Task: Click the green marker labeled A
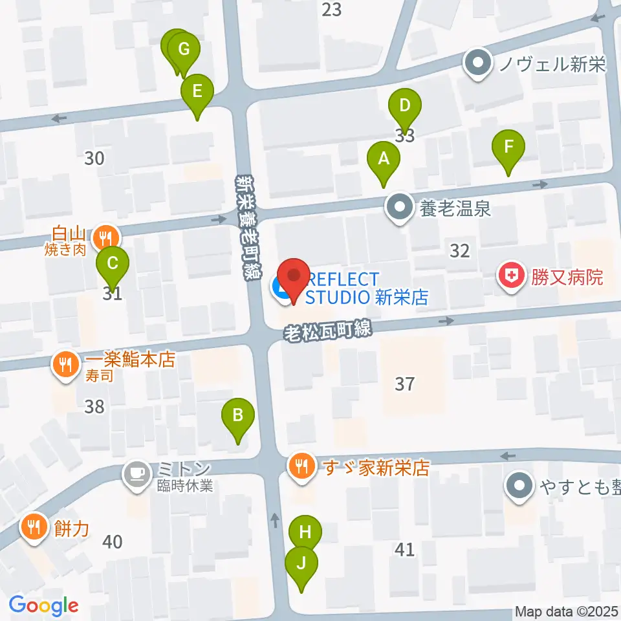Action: tap(384, 159)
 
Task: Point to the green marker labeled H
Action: tap(305, 533)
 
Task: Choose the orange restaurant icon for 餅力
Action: tap(32, 525)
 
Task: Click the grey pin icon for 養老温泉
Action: tap(399, 208)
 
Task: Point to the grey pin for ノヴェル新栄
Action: tap(479, 64)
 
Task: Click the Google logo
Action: tap(44, 605)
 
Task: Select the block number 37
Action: tap(404, 384)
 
